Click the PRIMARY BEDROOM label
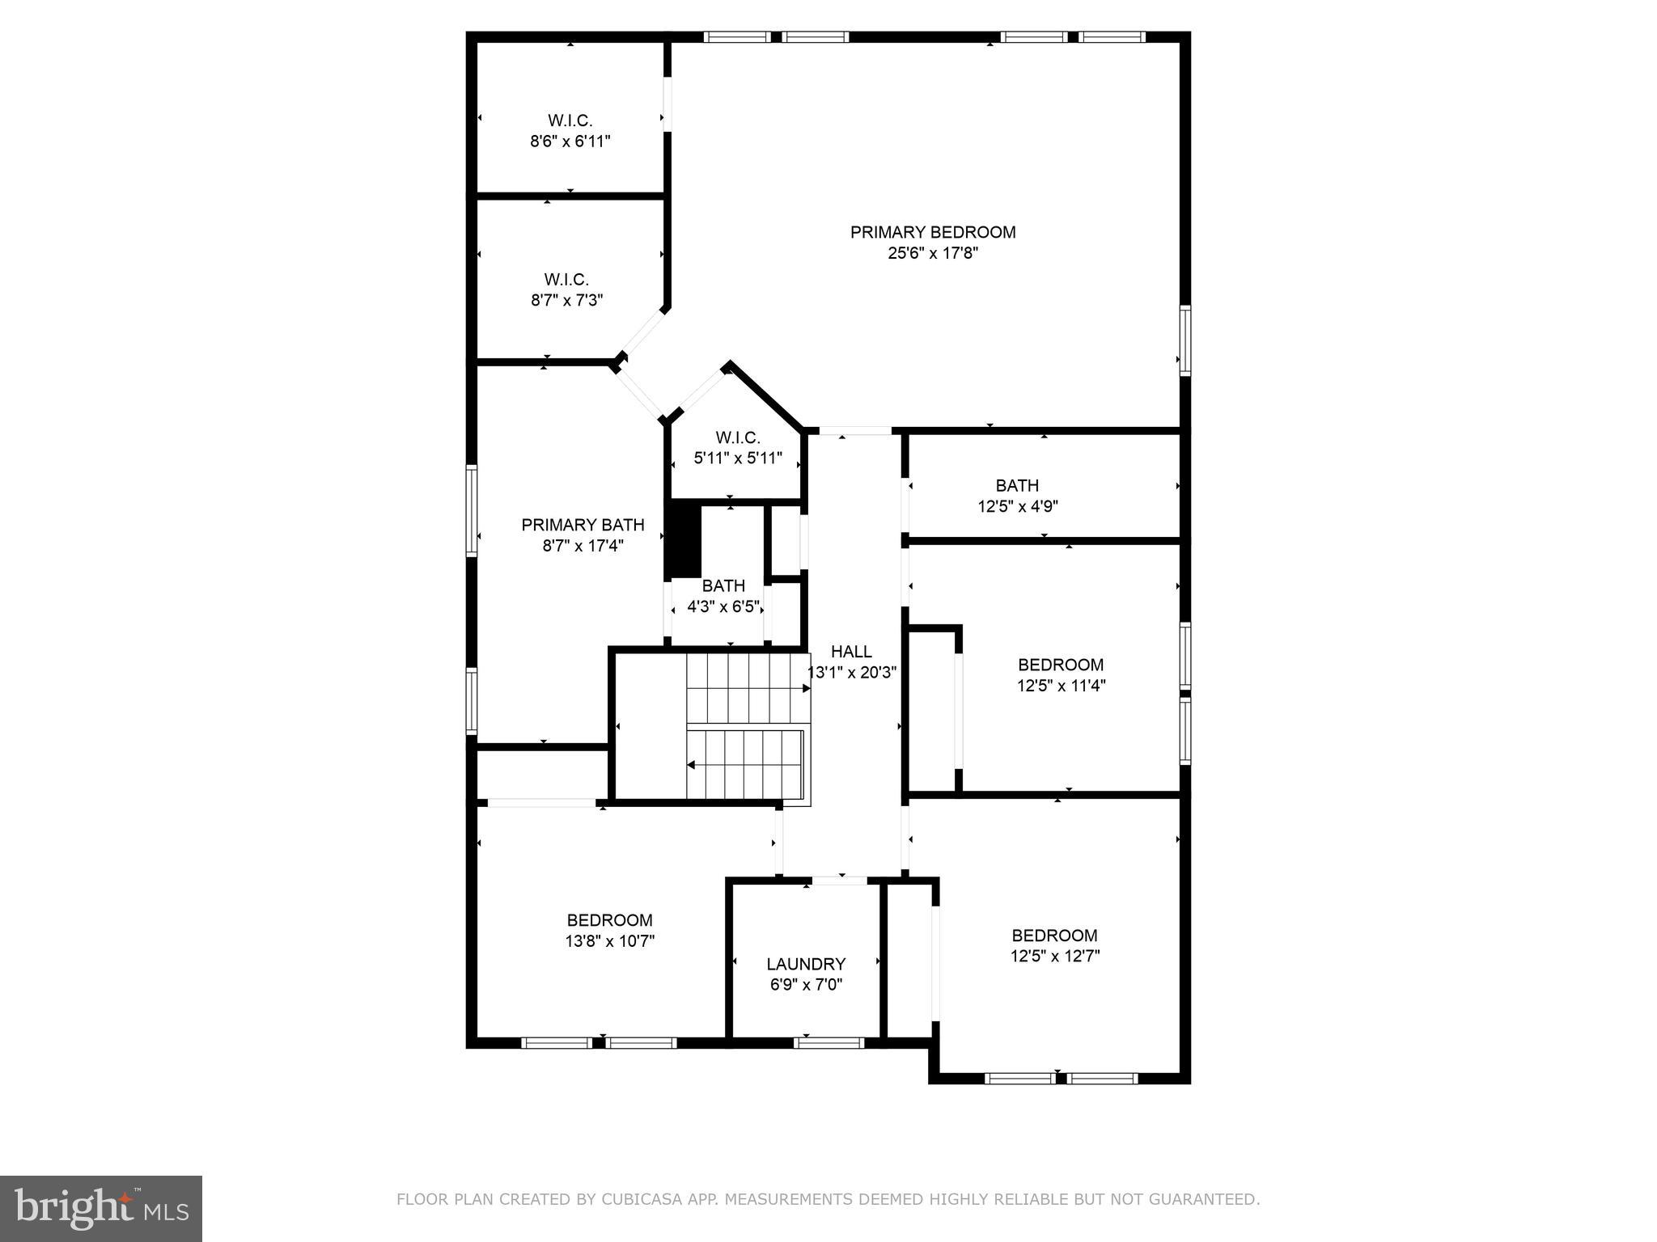932,232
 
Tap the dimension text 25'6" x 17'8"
933,253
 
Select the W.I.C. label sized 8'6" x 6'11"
570,120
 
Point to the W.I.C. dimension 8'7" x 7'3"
566,301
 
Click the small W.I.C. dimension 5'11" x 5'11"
737,458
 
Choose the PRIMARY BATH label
583,525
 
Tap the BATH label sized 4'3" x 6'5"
723,585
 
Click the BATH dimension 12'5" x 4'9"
1017,507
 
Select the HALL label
851,652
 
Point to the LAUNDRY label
806,964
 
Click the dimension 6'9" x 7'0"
806,985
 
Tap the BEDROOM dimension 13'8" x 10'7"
609,941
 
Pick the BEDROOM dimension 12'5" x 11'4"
1061,686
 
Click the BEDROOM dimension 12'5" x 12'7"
1054,957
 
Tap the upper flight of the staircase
746,688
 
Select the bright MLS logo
101,1209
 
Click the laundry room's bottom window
829,1043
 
